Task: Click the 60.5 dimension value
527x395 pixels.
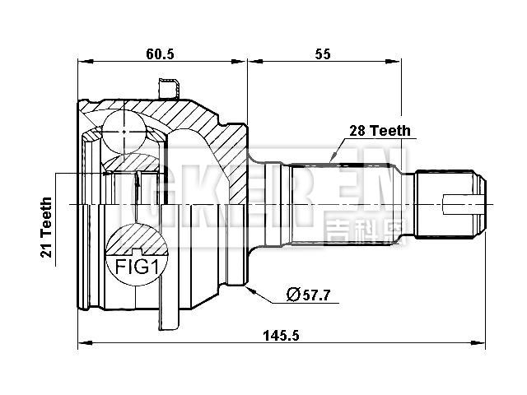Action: [160, 53]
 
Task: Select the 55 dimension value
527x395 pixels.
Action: [322, 53]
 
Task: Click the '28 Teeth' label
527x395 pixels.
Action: [378, 131]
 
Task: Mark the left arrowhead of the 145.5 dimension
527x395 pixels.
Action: [82, 342]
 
